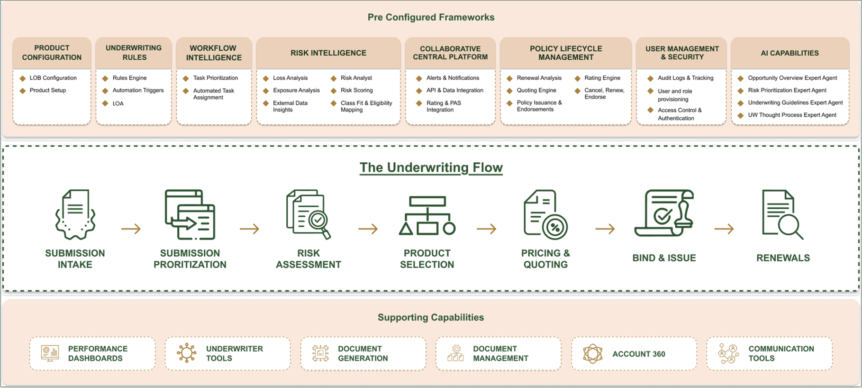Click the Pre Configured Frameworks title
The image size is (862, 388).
click(x=431, y=18)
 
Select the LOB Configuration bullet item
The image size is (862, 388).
click(x=53, y=78)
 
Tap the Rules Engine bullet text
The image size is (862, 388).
click(x=129, y=78)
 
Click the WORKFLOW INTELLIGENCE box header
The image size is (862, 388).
click(x=214, y=53)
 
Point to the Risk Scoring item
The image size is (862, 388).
click(x=356, y=90)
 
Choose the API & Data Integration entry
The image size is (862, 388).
click(x=454, y=90)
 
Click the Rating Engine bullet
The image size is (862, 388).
click(x=602, y=78)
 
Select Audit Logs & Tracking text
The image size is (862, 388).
click(x=685, y=78)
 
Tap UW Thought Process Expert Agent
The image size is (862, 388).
click(x=792, y=115)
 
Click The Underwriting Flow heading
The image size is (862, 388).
click(x=431, y=167)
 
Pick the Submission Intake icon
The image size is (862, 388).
click(x=75, y=214)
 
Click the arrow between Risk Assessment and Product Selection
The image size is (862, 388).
click(x=368, y=229)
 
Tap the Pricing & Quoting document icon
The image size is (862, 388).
click(x=545, y=214)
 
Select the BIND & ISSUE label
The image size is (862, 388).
click(x=664, y=258)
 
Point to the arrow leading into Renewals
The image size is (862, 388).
click(x=724, y=229)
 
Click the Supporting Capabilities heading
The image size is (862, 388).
click(x=431, y=317)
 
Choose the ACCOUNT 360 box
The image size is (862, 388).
click(x=634, y=354)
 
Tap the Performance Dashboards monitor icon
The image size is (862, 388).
click(x=50, y=353)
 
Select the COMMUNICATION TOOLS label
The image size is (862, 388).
click(x=781, y=353)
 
